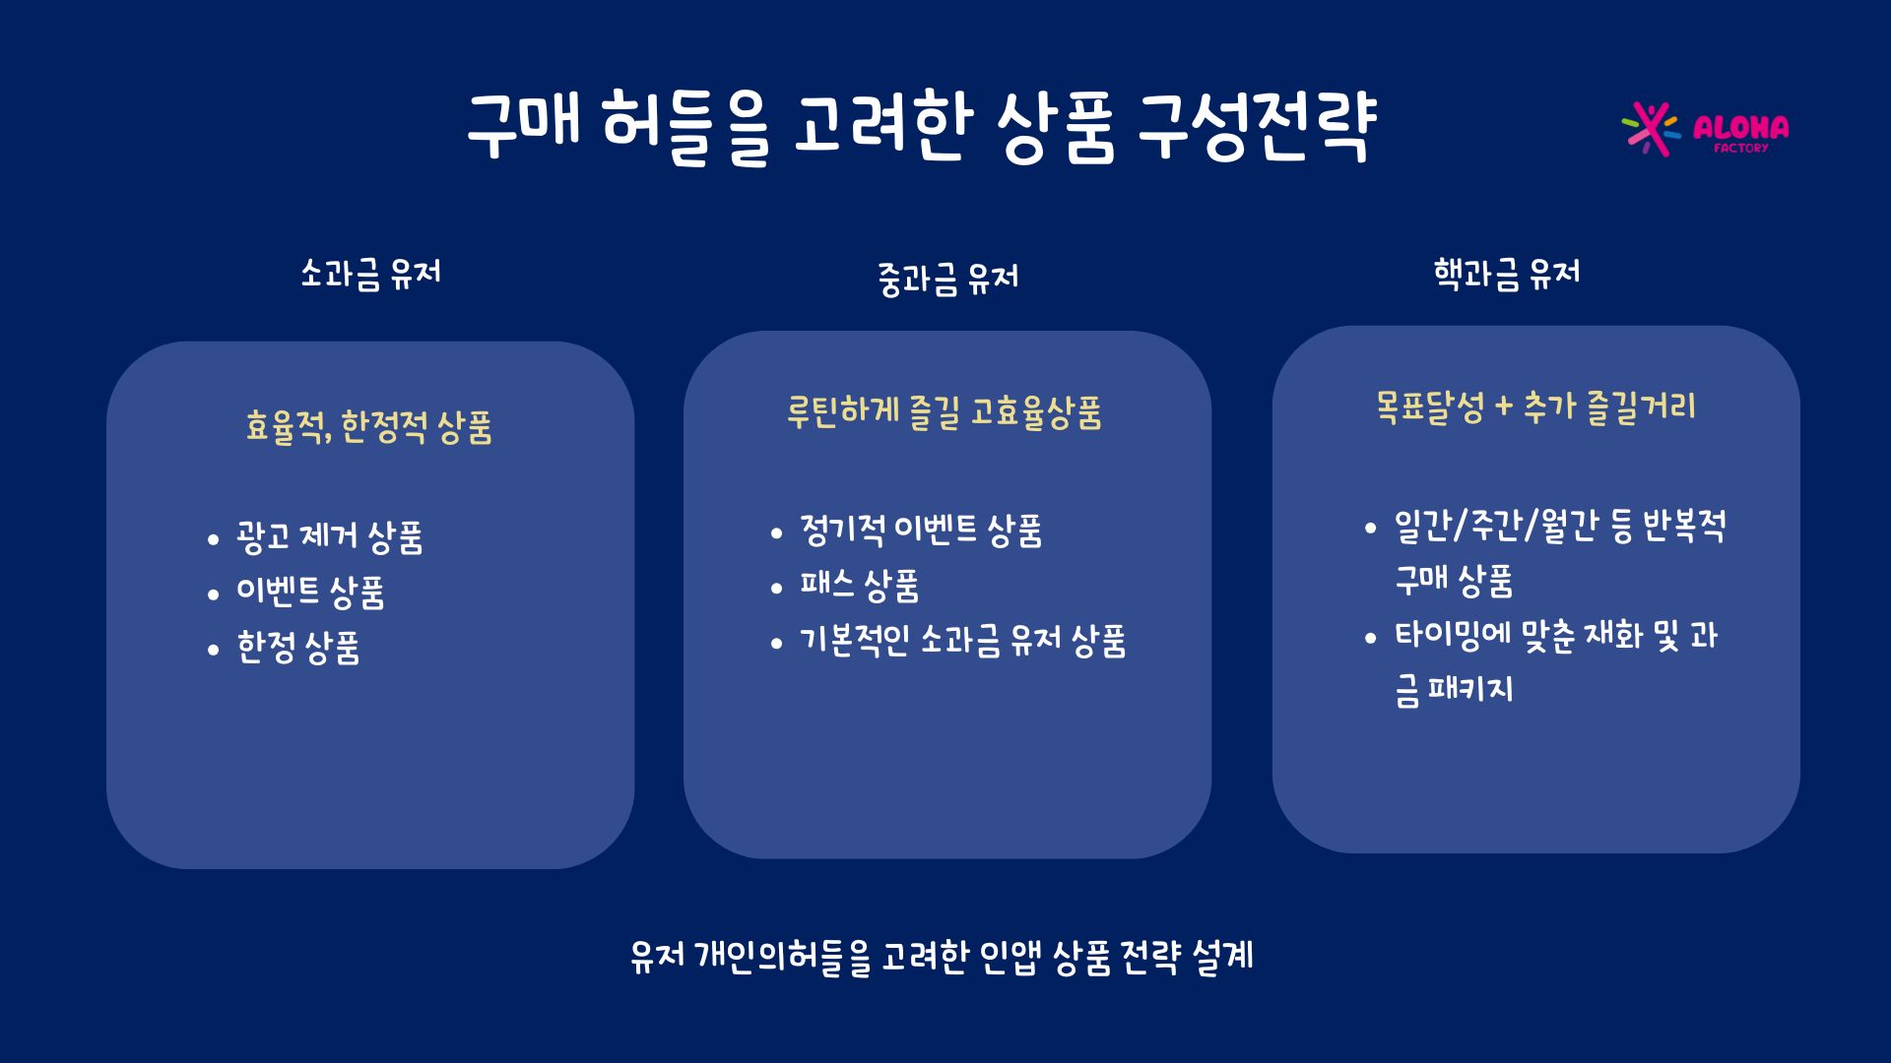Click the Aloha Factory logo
(x=1705, y=129)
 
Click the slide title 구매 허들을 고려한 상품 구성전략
(x=921, y=127)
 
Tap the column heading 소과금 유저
(x=370, y=274)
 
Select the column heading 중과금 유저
(x=947, y=279)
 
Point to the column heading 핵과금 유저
(x=1507, y=274)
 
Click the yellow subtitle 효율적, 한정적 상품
(x=368, y=427)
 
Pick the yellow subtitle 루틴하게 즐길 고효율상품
(x=944, y=412)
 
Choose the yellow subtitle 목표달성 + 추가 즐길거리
(x=1535, y=406)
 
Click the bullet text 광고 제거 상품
(x=330, y=537)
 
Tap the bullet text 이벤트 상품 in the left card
(x=310, y=593)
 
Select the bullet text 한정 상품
(x=298, y=648)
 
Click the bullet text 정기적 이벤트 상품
(x=921, y=531)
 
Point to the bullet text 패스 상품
(x=860, y=586)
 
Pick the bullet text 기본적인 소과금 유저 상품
(x=963, y=641)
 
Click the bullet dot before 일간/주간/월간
(x=1371, y=529)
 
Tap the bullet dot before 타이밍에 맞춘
(x=1371, y=638)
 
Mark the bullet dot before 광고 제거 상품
(x=213, y=539)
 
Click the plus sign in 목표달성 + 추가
(x=1503, y=406)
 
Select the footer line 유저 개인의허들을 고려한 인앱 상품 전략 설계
(x=942, y=956)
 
